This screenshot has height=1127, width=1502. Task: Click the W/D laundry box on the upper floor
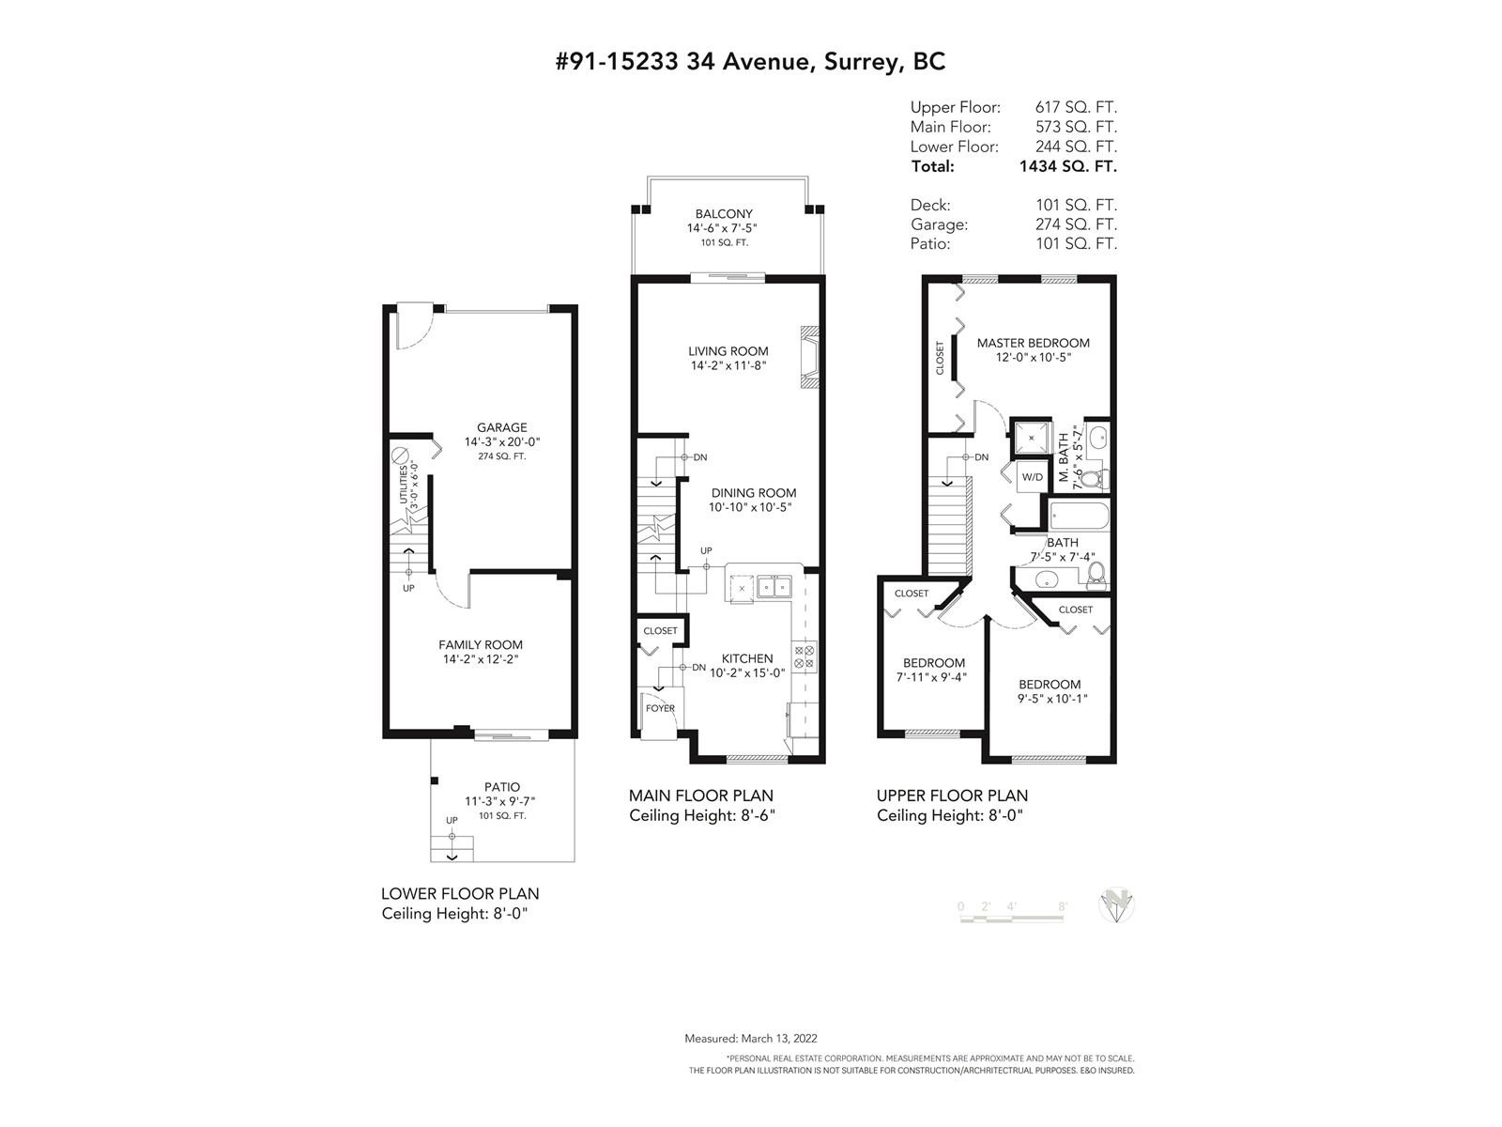1032,477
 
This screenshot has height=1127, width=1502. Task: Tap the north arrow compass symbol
1116,904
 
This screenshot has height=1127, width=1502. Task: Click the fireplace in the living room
809,357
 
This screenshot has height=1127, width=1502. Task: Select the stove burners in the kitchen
804,656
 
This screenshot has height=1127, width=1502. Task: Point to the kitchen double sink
774,587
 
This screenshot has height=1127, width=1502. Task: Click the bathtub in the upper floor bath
1080,516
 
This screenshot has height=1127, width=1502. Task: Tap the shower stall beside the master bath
1031,438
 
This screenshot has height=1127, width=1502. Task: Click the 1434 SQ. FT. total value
1067,166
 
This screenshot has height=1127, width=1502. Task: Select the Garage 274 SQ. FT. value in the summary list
1076,224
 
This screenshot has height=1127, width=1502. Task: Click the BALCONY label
723,214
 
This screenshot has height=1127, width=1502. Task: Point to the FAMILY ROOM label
481,644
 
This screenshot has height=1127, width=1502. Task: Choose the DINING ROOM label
754,493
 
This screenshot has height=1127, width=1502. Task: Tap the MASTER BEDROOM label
1033,343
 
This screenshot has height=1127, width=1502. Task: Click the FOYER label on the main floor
660,708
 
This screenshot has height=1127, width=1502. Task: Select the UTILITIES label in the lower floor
403,485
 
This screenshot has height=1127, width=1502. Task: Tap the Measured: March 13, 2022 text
751,1038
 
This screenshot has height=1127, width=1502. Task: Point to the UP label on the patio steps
452,821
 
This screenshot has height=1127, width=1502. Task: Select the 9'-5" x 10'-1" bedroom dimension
1052,699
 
